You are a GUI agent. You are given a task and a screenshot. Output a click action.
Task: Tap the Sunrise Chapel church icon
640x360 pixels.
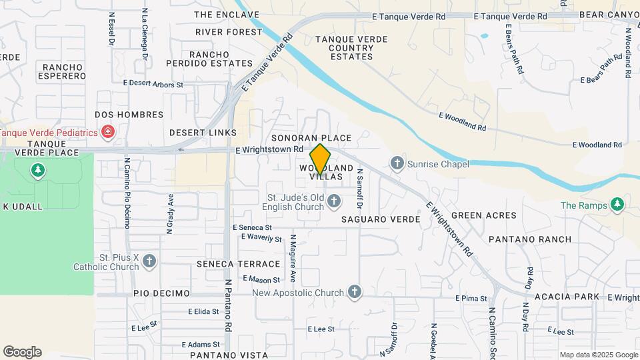[397, 163]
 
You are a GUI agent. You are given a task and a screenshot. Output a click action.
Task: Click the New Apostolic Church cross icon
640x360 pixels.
[355, 291]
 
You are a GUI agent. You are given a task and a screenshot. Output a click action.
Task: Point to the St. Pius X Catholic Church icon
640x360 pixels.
[149, 261]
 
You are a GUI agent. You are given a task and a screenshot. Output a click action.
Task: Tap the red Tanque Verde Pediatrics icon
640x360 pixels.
[108, 133]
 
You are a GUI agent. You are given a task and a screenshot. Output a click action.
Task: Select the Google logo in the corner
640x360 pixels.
[22, 352]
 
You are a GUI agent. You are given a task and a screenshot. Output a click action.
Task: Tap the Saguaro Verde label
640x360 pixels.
[381, 219]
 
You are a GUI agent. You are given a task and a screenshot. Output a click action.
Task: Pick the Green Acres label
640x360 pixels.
[484, 215]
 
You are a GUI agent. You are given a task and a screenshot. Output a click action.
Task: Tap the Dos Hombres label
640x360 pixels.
[129, 115]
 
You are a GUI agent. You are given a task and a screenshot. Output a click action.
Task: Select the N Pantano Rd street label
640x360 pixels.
[228, 324]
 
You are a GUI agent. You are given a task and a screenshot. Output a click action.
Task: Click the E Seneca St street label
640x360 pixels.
[253, 227]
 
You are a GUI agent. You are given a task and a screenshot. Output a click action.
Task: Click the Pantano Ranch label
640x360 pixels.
[529, 239]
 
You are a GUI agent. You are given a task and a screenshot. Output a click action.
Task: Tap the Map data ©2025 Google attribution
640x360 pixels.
[599, 355]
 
